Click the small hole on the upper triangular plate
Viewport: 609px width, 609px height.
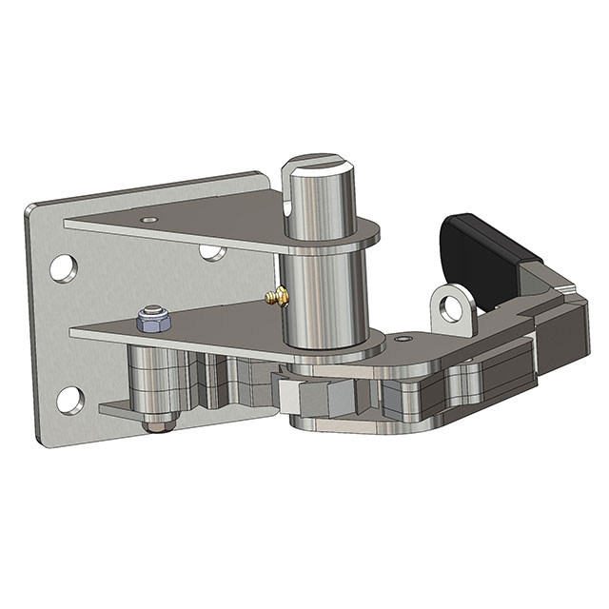147,219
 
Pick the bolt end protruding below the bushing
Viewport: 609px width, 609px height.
152,423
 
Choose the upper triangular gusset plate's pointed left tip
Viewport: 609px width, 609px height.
69,224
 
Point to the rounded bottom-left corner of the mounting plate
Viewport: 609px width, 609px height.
42,437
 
